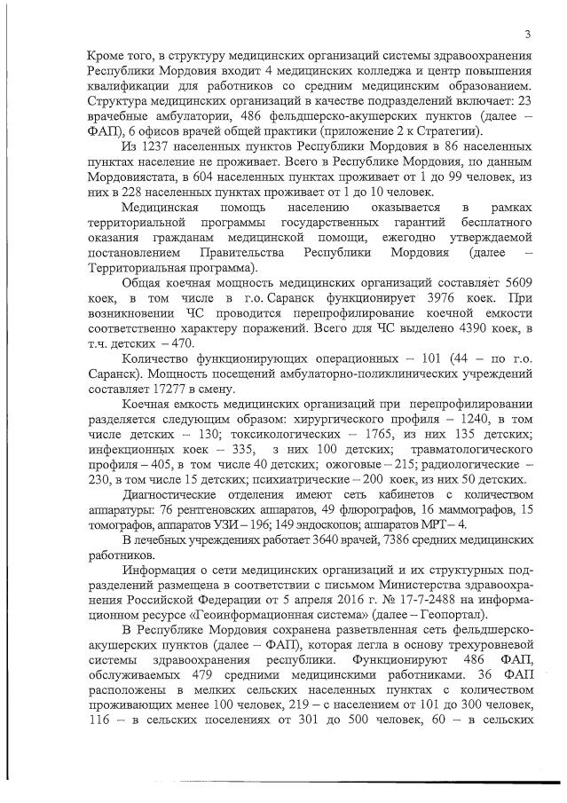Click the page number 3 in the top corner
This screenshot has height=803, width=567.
pos(526,35)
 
